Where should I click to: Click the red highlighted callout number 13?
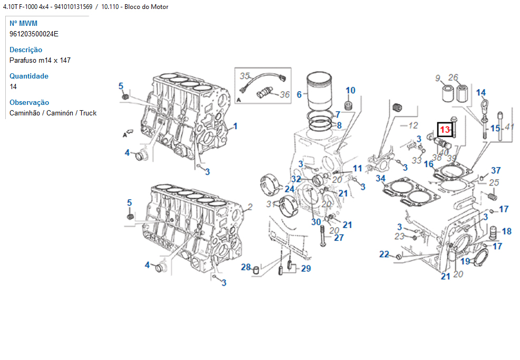click(445, 129)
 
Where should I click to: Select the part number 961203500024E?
click(34, 34)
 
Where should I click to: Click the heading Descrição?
click(26, 50)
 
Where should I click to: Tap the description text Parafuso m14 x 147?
click(40, 60)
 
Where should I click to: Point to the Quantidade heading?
click(29, 76)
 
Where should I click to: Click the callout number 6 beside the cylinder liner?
click(299, 95)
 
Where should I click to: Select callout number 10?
click(350, 90)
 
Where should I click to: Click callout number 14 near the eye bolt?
click(480, 93)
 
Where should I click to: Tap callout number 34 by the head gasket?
click(380, 178)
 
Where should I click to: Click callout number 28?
click(246, 267)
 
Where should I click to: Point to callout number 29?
click(305, 268)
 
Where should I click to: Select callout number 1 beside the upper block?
click(235, 126)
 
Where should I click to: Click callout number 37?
click(496, 170)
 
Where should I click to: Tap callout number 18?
click(506, 231)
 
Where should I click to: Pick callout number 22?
click(384, 255)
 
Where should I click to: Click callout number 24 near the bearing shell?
click(289, 189)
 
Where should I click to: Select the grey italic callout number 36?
click(284, 95)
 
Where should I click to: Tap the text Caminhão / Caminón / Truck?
click(53, 113)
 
